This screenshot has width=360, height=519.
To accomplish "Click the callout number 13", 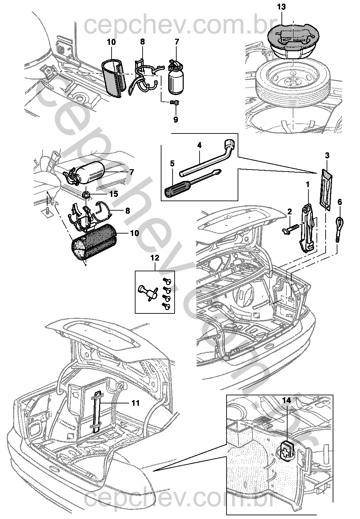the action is (281, 7).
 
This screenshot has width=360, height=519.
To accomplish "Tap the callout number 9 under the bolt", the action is (176, 120).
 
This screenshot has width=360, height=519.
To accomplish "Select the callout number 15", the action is (114, 194).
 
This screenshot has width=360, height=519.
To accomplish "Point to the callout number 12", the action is (155, 258).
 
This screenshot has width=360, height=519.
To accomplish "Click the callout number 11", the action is (136, 403).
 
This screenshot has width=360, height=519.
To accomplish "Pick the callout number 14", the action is (287, 400).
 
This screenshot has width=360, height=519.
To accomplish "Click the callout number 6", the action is (339, 202).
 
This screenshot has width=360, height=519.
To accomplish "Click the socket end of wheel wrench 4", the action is (230, 144).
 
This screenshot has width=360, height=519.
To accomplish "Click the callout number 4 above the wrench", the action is (199, 145).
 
